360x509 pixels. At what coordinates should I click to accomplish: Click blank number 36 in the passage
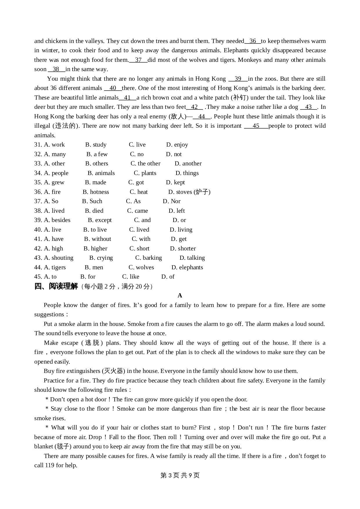tap(253, 41)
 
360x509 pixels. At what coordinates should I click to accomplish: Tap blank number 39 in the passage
tap(238, 79)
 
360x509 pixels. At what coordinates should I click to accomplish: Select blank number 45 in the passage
tap(256, 126)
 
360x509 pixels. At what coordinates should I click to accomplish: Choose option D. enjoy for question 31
tap(177, 145)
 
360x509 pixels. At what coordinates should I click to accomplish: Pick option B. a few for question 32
tap(97, 154)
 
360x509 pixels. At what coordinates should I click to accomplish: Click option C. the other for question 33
tap(145, 164)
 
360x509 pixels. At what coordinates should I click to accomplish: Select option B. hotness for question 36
tap(96, 192)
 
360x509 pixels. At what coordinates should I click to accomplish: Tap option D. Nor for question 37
tap(172, 201)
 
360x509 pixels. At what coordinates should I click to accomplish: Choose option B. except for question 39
tap(100, 220)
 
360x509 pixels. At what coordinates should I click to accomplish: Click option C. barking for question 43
tap(149, 258)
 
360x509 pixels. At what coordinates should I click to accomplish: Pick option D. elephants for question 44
tap(187, 268)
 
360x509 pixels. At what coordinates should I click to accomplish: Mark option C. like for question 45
tap(131, 277)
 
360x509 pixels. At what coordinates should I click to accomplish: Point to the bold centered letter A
tap(180, 296)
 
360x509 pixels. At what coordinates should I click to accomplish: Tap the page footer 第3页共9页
tap(180, 475)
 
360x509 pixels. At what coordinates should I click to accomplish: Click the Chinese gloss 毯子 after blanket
tap(63, 447)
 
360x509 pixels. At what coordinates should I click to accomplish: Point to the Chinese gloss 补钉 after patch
tap(240, 98)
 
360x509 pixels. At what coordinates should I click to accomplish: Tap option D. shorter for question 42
tap(183, 249)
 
